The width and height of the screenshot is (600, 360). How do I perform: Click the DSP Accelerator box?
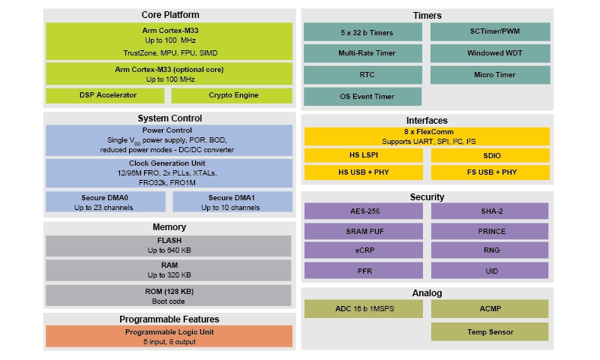(x=107, y=95)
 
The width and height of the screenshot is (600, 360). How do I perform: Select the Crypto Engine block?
(x=232, y=95)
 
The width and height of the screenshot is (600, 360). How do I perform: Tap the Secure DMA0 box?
(x=107, y=202)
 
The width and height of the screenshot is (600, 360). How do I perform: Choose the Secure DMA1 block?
(x=232, y=202)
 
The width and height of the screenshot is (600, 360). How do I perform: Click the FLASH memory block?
(x=169, y=245)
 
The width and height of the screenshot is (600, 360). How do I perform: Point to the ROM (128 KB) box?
(x=169, y=295)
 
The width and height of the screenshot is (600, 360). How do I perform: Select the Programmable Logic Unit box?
(x=169, y=336)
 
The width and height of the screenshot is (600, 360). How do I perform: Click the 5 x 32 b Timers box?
(x=362, y=31)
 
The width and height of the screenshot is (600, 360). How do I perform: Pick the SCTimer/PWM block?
(x=490, y=31)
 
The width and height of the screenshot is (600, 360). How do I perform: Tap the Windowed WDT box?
(x=490, y=53)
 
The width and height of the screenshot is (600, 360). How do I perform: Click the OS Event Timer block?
(x=362, y=96)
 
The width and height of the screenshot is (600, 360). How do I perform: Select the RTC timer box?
(x=362, y=75)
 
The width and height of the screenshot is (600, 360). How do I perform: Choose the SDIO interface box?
(x=490, y=155)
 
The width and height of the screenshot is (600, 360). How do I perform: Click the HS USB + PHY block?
(x=362, y=172)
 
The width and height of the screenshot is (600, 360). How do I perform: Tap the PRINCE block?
(x=490, y=231)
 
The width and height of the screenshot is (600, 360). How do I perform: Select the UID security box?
(x=490, y=270)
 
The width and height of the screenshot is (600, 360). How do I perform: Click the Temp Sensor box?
(x=490, y=331)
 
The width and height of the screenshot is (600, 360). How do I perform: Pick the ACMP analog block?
(x=490, y=308)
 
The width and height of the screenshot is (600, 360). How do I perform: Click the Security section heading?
(x=427, y=197)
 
